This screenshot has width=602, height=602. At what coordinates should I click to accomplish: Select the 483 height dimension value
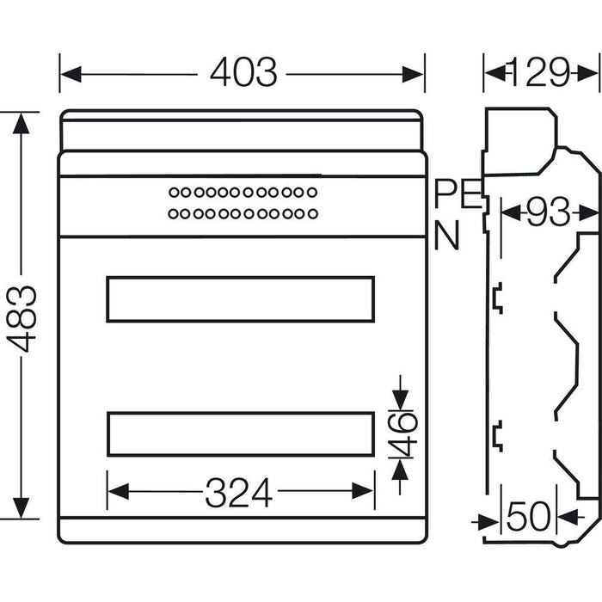[x=23, y=316]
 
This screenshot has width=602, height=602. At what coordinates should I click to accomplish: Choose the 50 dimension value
[x=529, y=518]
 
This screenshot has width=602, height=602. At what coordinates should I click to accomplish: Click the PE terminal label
[x=456, y=194]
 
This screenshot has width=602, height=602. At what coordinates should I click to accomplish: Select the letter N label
[x=446, y=236]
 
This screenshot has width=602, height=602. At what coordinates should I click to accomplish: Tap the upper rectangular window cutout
[x=240, y=299]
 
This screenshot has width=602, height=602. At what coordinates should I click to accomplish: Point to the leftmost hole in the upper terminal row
[x=173, y=192]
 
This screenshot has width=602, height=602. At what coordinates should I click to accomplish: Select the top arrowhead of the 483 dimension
[x=23, y=120]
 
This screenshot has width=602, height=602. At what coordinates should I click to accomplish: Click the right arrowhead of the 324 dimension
[x=368, y=493]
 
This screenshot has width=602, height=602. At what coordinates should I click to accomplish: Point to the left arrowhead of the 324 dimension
[x=114, y=493]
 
